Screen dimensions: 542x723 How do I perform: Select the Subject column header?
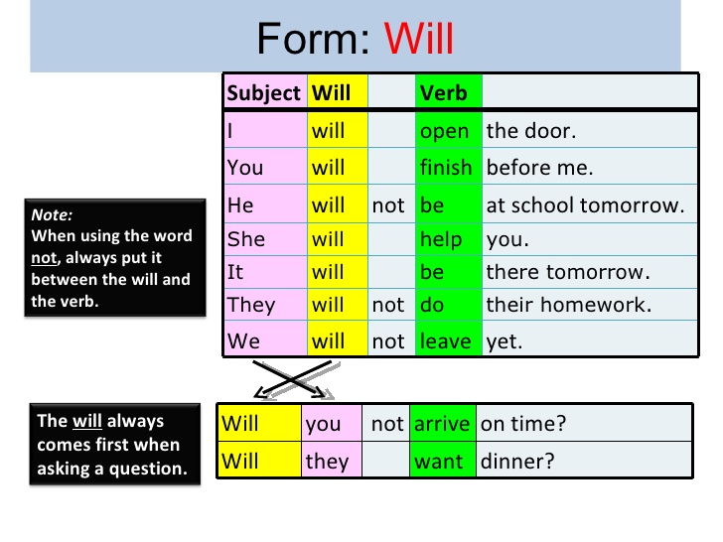(x=263, y=93)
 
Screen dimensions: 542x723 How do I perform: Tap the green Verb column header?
(x=443, y=93)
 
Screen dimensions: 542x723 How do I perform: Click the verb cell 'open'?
(x=444, y=131)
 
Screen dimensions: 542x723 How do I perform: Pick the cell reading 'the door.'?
(x=531, y=131)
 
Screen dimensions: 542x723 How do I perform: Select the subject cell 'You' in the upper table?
(x=245, y=168)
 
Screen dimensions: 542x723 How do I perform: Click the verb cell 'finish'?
(x=446, y=168)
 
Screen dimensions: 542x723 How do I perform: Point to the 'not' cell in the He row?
(x=388, y=205)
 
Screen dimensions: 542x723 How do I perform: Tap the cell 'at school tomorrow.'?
(x=585, y=205)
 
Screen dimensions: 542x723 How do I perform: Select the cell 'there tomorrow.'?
(x=567, y=272)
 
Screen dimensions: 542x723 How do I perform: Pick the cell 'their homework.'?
(x=568, y=305)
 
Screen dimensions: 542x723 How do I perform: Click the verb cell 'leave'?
(x=445, y=341)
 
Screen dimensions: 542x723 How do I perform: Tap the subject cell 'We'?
(x=243, y=341)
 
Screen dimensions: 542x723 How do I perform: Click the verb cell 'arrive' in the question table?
(x=441, y=424)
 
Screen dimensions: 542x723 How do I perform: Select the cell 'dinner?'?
(x=516, y=461)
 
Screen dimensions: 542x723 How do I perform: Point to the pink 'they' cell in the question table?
(x=327, y=461)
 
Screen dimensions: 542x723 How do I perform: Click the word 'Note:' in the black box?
(x=53, y=213)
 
